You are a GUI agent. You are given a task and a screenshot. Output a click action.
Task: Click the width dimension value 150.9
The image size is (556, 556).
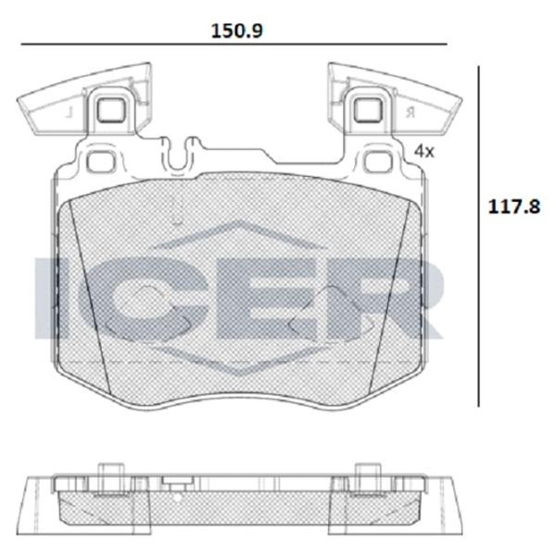238,30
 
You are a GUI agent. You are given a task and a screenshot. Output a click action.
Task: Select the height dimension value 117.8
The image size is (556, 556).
514,208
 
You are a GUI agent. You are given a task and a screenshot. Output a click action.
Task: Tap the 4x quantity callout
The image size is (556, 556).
423,150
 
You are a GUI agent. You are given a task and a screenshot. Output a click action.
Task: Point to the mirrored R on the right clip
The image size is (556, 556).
408,112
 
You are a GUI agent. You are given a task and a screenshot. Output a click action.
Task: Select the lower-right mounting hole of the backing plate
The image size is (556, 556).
377,162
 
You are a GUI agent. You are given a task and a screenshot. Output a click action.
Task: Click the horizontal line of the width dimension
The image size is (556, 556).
232,44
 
